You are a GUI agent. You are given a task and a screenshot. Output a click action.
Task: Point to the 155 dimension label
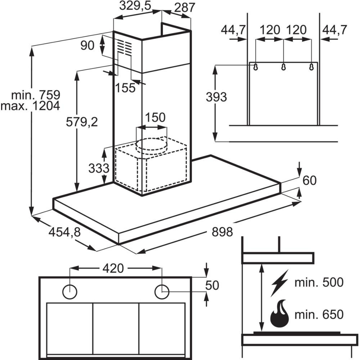(x=126, y=87)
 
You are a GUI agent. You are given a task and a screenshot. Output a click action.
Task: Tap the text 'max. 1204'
(x=30, y=106)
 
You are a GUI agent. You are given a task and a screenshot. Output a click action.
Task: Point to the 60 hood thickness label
(x=309, y=180)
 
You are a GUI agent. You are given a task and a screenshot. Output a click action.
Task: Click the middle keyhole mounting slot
(x=283, y=67)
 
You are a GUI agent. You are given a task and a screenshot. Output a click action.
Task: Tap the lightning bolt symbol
(x=280, y=282)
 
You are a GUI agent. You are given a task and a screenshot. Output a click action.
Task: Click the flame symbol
(x=280, y=314)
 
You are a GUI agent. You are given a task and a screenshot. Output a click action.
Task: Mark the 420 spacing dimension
(x=113, y=268)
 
